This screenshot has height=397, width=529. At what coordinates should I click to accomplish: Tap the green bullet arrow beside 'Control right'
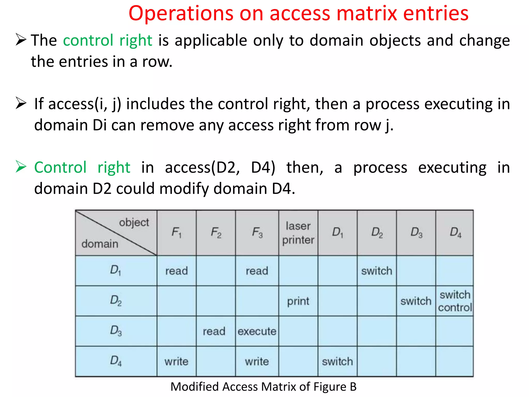click(21, 167)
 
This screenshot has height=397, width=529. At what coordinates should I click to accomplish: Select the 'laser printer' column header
click(298, 233)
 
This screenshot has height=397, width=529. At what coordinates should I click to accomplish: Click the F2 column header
click(216, 233)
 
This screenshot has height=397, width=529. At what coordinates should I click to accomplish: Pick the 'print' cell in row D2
click(298, 301)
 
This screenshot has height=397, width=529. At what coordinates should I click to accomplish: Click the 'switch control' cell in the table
click(455, 301)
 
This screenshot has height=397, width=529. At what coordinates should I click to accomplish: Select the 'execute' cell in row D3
click(257, 331)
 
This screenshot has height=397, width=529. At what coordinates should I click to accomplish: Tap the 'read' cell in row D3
click(214, 331)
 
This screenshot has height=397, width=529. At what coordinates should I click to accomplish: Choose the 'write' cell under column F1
click(176, 361)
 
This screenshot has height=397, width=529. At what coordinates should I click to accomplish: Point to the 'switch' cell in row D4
click(337, 361)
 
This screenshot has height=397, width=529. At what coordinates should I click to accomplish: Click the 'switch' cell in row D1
click(377, 271)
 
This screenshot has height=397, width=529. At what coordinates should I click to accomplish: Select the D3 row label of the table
click(116, 331)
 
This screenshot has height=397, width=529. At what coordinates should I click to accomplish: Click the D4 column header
click(455, 233)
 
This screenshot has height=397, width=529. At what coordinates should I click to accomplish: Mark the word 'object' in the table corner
click(134, 223)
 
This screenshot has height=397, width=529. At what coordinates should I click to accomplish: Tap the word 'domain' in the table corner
click(100, 244)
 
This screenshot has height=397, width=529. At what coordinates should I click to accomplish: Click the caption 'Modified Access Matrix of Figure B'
click(263, 387)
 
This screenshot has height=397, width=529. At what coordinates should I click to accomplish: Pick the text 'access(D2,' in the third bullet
click(203, 167)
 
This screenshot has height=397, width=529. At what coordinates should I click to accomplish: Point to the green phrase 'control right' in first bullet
click(107, 41)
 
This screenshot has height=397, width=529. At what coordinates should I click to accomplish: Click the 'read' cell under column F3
click(257, 271)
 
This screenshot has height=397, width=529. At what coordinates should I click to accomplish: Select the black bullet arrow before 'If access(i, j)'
click(21, 103)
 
